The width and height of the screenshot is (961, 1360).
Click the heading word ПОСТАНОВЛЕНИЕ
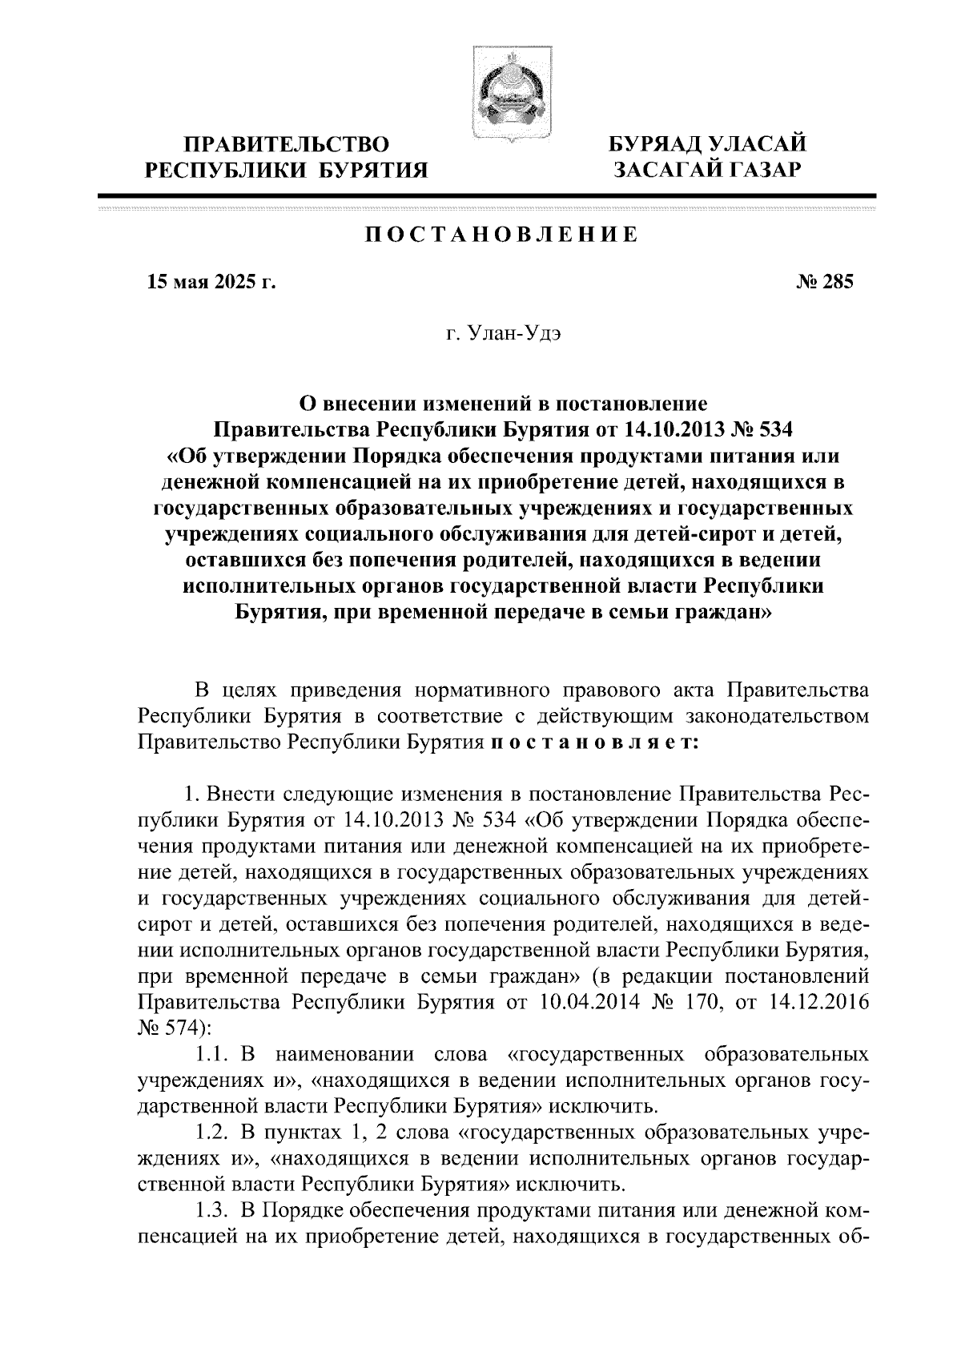tap(502, 235)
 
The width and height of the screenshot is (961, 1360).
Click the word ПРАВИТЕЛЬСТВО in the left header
tap(287, 144)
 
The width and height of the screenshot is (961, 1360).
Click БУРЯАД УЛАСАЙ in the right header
tap(707, 144)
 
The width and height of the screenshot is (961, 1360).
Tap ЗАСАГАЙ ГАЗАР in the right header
tap(707, 169)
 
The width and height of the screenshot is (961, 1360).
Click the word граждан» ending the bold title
tap(721, 612)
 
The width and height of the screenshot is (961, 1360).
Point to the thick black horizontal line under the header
tap(486, 195)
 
